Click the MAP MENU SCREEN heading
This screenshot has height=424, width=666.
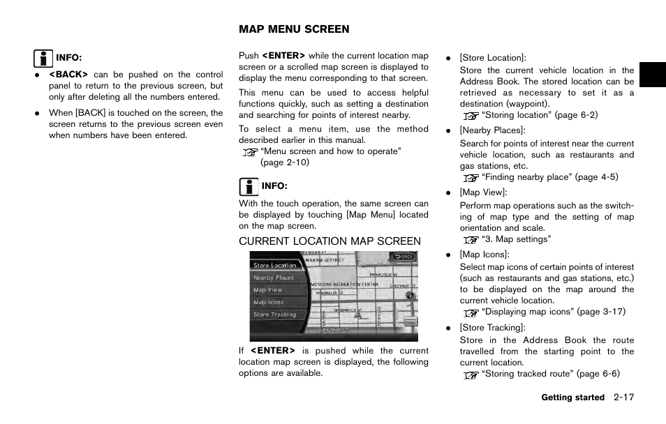(x=294, y=29)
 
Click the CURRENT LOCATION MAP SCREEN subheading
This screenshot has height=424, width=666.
(x=330, y=241)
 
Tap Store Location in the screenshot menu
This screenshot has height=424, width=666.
(x=275, y=266)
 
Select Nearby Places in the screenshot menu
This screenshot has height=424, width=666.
(x=274, y=278)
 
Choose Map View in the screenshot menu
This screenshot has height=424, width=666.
(x=268, y=290)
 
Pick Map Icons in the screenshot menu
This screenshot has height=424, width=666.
(x=269, y=303)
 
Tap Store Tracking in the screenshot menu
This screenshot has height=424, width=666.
(x=275, y=315)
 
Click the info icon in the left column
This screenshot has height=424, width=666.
(x=43, y=58)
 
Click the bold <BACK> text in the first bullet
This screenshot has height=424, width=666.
(x=68, y=75)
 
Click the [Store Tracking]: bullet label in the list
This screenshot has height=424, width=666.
(x=493, y=328)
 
